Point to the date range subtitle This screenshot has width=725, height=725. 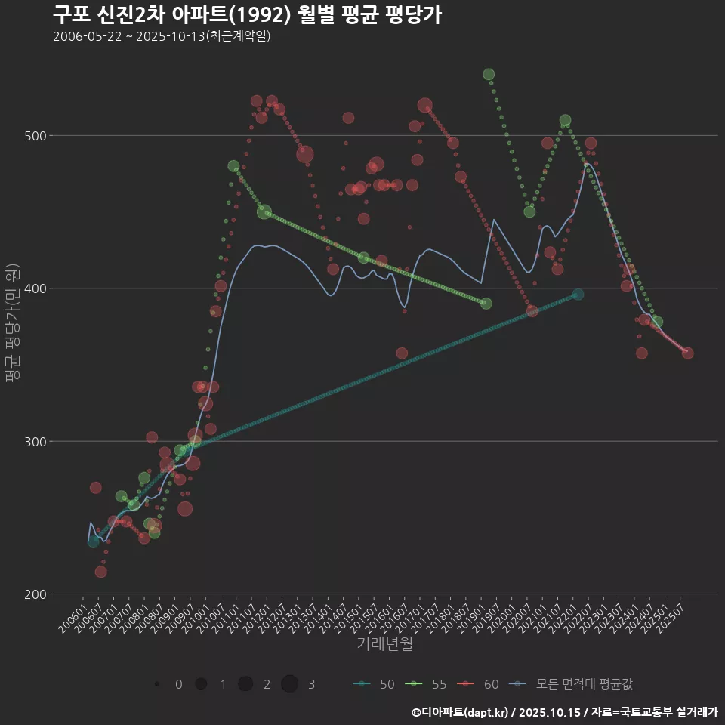162,36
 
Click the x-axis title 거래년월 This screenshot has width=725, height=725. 384,644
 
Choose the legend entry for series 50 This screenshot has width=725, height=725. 374,684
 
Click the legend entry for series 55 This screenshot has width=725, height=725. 426,684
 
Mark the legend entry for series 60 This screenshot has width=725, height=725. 478,684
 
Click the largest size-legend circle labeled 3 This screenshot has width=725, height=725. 290,684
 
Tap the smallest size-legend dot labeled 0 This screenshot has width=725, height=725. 156,684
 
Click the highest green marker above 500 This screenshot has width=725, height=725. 489,75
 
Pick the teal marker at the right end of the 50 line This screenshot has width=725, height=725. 578,295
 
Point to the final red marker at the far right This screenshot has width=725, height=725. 687,353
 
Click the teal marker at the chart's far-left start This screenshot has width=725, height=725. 93,541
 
